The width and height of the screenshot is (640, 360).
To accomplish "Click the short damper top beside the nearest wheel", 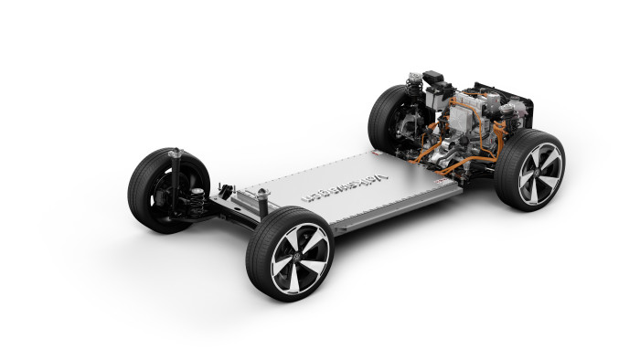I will click(x=262, y=195).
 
